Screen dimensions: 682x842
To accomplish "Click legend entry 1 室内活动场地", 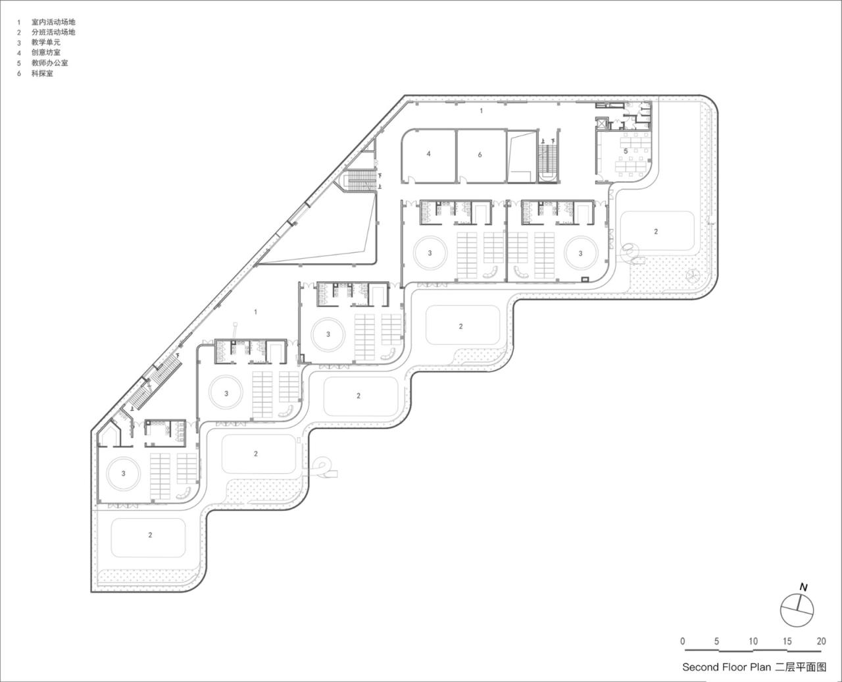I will [x=53, y=22].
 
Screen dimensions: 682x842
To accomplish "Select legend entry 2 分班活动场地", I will [x=53, y=32].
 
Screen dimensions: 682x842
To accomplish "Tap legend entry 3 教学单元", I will [x=45, y=42].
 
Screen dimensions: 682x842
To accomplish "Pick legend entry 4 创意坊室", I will [x=45, y=53].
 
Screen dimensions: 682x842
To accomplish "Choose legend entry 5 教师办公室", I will [x=49, y=63].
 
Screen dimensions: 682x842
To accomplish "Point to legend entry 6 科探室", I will [x=42, y=74].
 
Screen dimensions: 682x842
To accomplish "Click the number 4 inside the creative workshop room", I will [x=428, y=154].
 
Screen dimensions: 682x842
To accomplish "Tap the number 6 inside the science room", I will [x=480, y=155].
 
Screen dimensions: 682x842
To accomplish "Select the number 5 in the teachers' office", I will [x=626, y=151].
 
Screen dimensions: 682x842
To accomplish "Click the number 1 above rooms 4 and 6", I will [x=481, y=111].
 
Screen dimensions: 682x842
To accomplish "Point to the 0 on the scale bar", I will [x=683, y=641].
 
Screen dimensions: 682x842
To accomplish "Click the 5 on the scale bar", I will [x=716, y=641].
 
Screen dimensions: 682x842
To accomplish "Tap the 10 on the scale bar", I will [x=753, y=641].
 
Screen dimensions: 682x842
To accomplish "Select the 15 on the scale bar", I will [x=787, y=641].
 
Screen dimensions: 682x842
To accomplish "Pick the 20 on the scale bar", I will [x=821, y=641].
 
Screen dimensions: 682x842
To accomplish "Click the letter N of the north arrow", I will [x=803, y=587].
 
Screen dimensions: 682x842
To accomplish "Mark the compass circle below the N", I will [x=797, y=610].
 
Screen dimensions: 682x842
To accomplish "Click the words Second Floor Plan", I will [x=726, y=667].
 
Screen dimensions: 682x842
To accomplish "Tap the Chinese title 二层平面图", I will [x=801, y=667].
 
